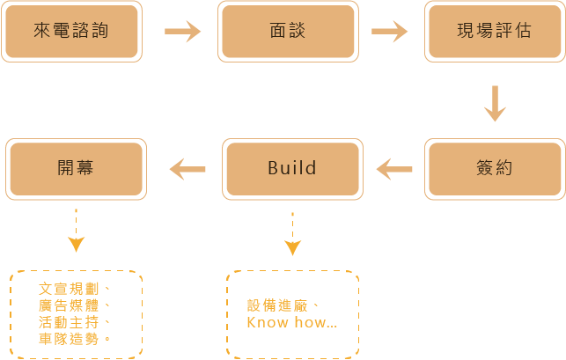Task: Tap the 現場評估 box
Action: click(x=494, y=32)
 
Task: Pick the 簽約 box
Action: click(x=496, y=168)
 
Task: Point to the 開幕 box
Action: click(x=75, y=168)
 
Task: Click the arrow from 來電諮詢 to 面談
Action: click(x=183, y=33)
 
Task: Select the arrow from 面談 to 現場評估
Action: click(x=390, y=33)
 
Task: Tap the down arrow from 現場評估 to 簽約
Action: click(x=495, y=103)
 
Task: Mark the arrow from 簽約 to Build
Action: click(x=394, y=168)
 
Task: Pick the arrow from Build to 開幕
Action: click(x=187, y=168)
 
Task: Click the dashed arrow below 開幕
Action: click(x=76, y=231)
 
